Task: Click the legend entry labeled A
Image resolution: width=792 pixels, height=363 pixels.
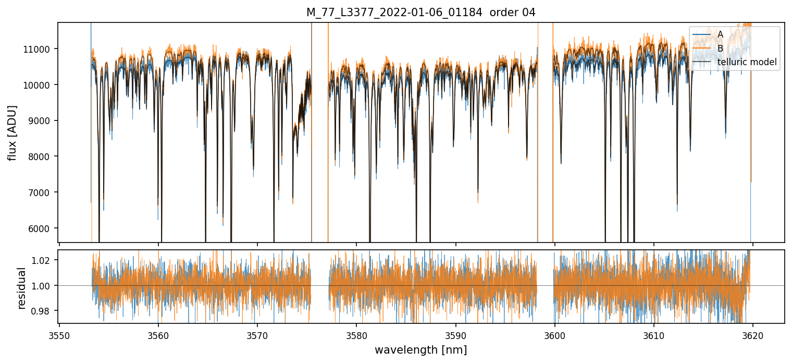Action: [720, 34]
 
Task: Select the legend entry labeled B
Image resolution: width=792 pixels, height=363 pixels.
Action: [720, 49]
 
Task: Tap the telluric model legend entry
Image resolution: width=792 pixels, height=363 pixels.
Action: [747, 63]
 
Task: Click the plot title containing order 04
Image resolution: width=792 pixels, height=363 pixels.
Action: [421, 13]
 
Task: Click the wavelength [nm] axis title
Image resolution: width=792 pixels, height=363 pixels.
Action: [421, 350]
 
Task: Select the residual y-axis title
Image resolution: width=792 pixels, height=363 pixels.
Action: [21, 288]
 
